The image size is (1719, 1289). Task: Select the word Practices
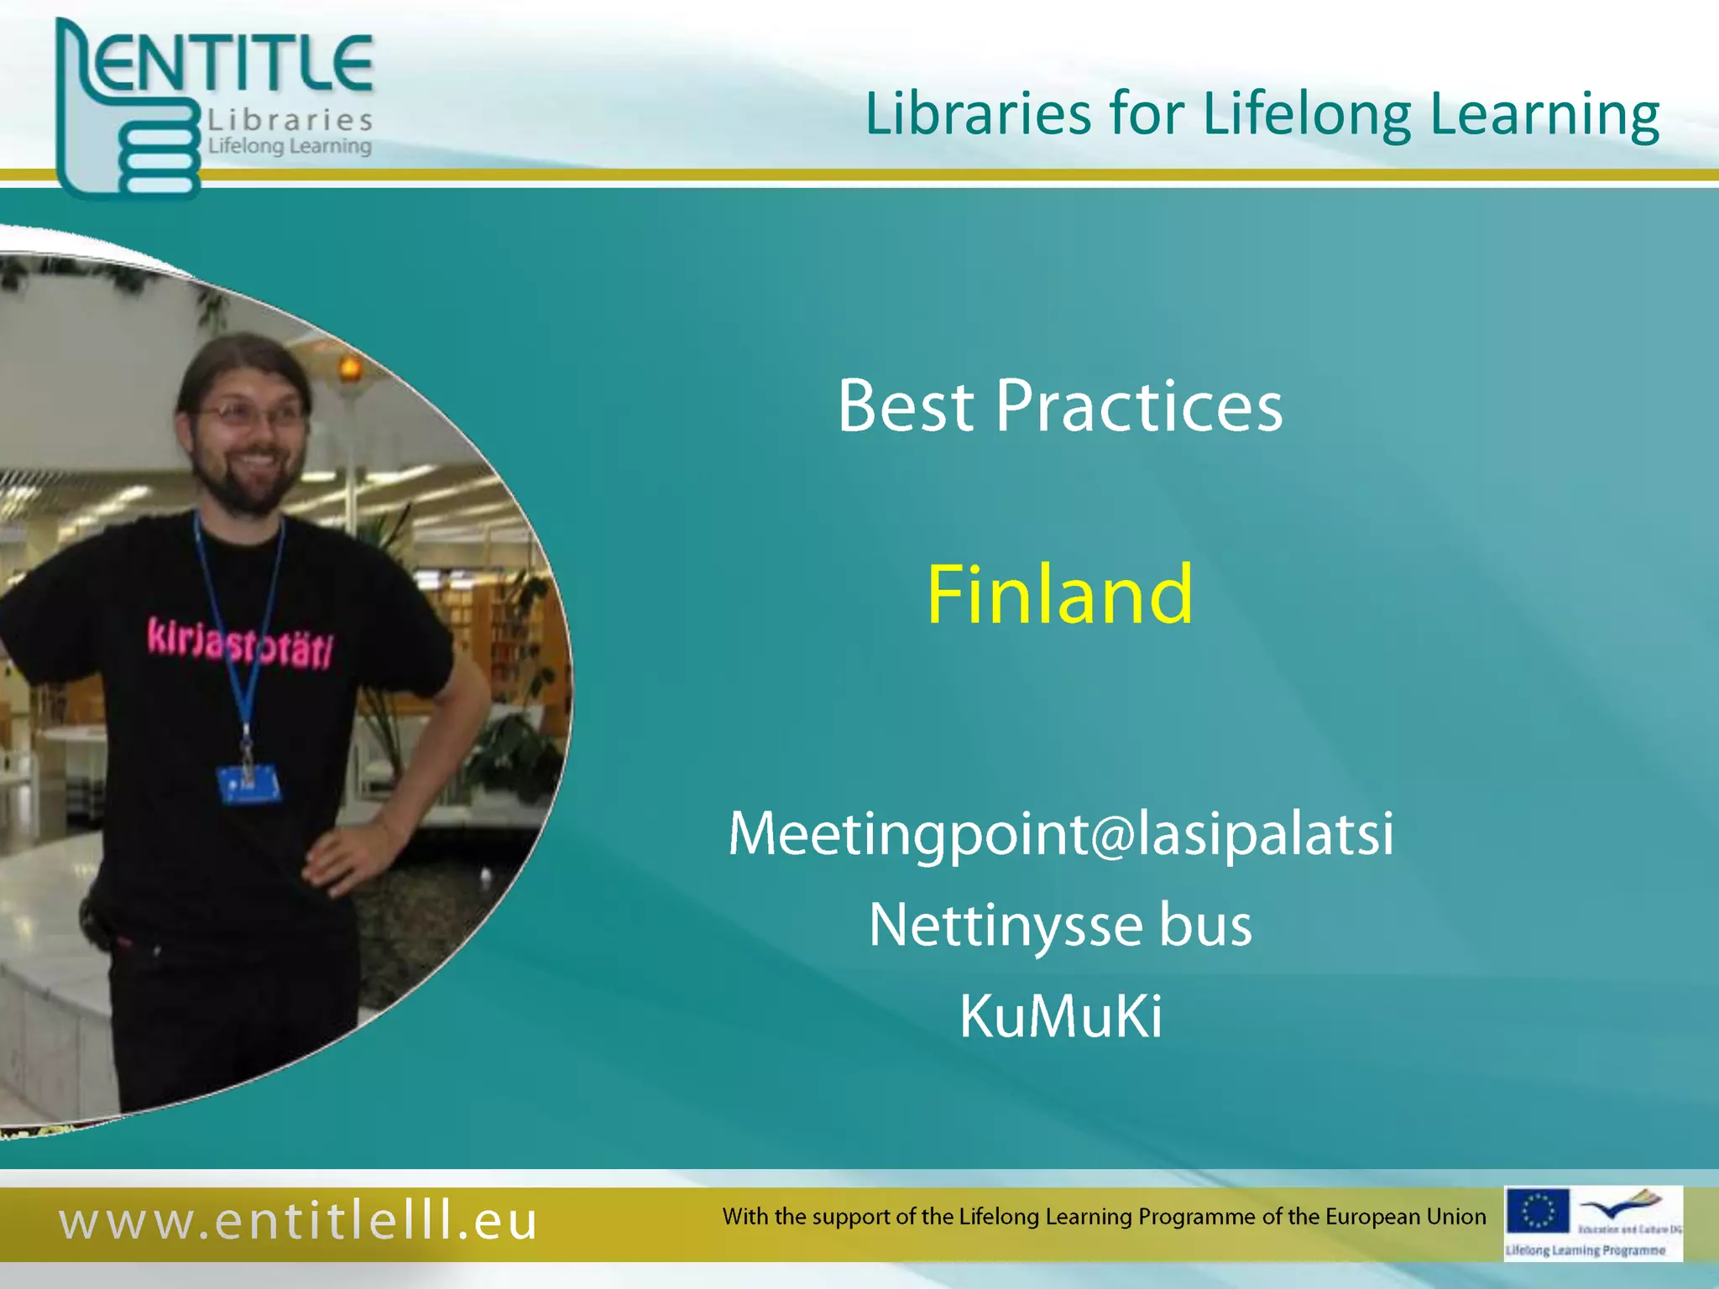pos(1139,406)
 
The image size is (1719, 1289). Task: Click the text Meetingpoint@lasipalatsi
pos(1061,834)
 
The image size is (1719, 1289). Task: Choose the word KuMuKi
pos(1061,1016)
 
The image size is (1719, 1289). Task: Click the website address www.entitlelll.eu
pos(298,1220)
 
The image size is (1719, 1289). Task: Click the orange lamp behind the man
pos(349,368)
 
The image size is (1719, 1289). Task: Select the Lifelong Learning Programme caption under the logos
pos(1585,1250)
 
